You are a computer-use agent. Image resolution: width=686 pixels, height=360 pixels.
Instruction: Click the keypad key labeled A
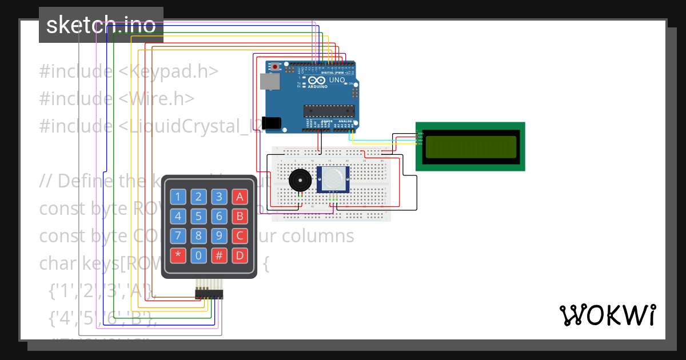240,198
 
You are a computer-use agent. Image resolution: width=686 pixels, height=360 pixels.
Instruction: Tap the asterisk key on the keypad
178,255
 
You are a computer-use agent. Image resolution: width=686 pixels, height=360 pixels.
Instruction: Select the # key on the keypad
219,255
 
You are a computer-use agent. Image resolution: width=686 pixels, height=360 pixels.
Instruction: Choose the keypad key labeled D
240,255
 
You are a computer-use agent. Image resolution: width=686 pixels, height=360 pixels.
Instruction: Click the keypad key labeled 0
198,255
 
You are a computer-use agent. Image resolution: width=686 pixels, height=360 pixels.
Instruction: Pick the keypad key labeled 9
219,235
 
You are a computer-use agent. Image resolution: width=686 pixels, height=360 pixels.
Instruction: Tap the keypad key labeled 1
178,198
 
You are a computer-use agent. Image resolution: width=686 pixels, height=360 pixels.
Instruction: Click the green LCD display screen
470,147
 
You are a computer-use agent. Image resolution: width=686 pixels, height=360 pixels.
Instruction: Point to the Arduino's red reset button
276,67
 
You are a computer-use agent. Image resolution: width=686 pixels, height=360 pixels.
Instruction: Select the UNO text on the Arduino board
337,81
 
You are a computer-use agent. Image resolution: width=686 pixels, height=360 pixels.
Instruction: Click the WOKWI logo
607,315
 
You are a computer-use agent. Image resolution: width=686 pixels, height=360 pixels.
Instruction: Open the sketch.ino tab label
101,25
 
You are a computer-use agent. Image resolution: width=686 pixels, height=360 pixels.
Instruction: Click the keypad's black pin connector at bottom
209,294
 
